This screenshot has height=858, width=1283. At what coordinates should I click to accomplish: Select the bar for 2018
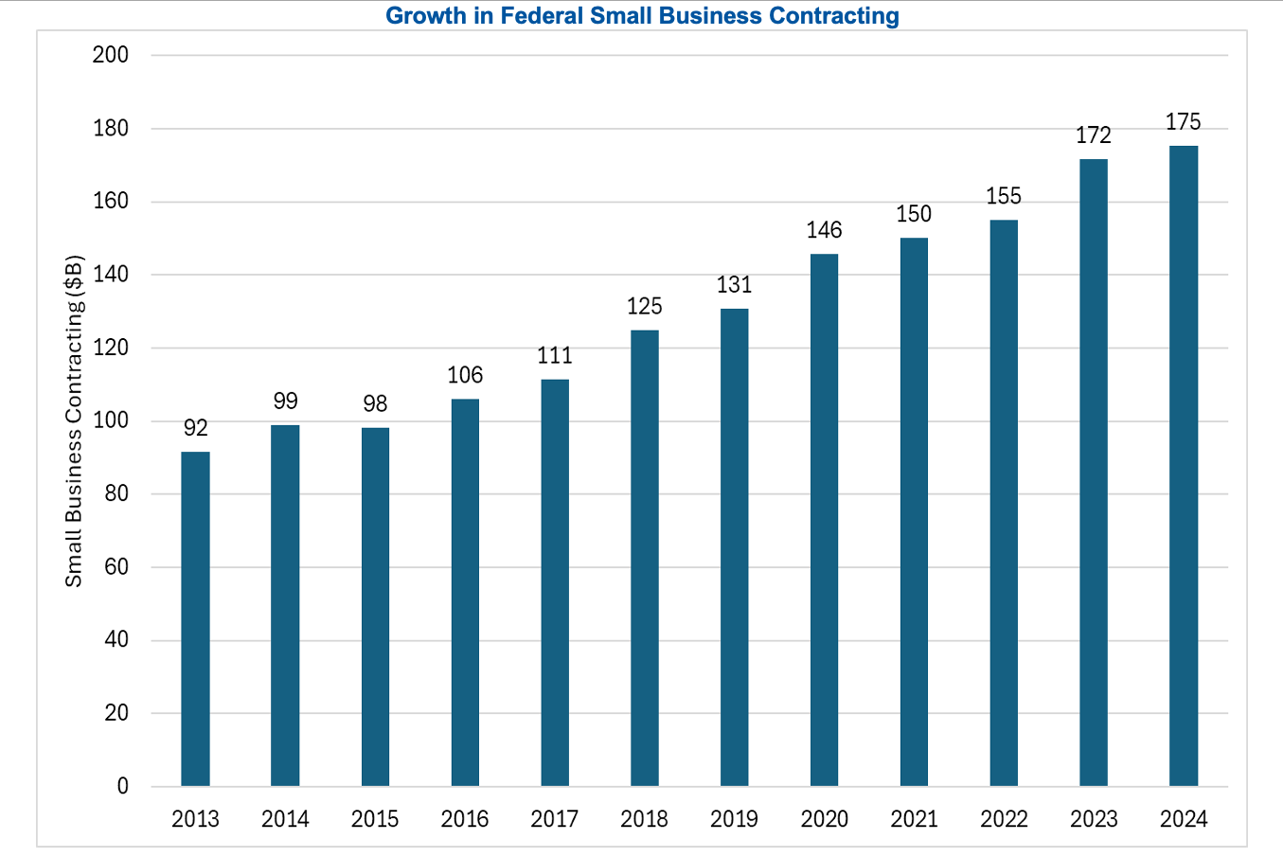click(x=644, y=558)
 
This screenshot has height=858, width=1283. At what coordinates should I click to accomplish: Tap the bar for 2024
click(x=1184, y=466)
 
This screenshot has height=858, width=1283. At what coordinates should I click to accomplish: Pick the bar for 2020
click(x=824, y=520)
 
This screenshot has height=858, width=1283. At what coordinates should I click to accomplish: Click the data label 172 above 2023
click(x=1094, y=135)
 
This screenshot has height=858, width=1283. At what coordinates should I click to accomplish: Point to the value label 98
click(x=375, y=404)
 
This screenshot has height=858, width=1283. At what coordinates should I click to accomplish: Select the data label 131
click(x=734, y=285)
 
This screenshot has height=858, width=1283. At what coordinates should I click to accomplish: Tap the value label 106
click(x=465, y=375)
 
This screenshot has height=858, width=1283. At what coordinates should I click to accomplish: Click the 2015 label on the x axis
click(x=375, y=819)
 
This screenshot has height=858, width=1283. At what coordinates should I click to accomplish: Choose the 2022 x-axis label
click(x=1004, y=819)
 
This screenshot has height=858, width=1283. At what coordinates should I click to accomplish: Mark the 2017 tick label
click(x=555, y=819)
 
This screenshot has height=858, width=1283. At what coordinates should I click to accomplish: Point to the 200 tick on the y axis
click(x=111, y=55)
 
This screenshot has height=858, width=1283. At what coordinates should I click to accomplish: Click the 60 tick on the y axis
click(x=116, y=567)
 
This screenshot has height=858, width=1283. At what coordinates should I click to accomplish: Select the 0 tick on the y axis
click(x=123, y=786)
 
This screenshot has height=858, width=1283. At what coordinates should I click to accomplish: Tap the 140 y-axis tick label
click(x=111, y=275)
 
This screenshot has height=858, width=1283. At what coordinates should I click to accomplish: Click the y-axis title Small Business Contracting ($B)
click(x=74, y=421)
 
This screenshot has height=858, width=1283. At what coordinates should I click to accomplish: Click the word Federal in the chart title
click(x=537, y=16)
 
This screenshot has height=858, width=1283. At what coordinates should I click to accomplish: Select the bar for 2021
click(x=914, y=511)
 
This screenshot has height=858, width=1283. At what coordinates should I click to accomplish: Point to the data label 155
click(x=1004, y=196)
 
